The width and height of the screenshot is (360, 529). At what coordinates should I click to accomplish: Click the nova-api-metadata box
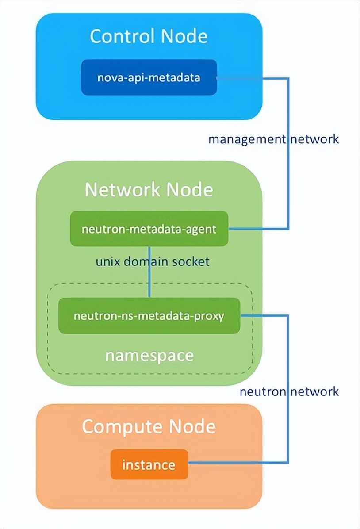click(149, 78)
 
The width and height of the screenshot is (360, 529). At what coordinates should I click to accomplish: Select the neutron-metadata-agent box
click(149, 229)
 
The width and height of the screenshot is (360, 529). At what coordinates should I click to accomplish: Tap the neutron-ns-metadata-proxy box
click(149, 316)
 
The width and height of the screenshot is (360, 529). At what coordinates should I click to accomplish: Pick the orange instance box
click(149, 465)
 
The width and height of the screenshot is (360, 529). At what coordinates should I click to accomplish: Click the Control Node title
click(149, 36)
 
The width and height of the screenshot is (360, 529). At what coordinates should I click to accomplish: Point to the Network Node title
click(149, 190)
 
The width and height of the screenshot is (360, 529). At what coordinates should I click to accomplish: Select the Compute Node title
click(149, 426)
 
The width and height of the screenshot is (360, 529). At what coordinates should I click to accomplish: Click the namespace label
click(149, 355)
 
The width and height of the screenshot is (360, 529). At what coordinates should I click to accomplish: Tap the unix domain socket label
click(153, 261)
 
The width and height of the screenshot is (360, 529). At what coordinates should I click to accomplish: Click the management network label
click(273, 139)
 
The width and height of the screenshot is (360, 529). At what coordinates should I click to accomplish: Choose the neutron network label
click(289, 391)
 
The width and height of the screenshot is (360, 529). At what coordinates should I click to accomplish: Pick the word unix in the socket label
click(107, 261)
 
